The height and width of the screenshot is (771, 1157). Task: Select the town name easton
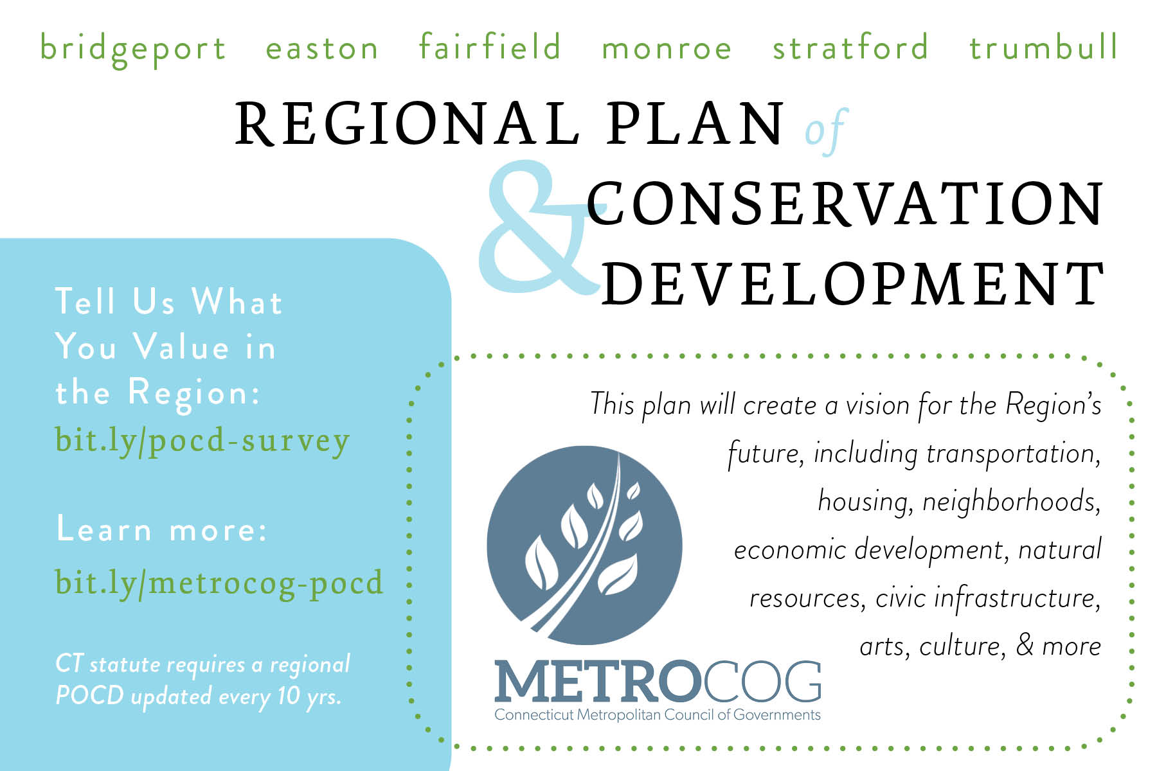[322, 49]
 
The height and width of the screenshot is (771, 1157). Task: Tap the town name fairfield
[490, 46]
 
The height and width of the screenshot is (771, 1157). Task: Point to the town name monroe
[667, 49]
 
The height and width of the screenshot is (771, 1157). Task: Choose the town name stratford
[850, 46]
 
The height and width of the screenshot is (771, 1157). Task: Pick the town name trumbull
[1044, 46]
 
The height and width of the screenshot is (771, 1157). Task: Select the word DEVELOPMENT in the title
[854, 284]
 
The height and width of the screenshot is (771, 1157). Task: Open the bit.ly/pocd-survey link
[202, 441]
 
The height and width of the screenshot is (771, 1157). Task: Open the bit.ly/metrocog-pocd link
[219, 583]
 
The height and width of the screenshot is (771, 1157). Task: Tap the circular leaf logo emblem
[584, 545]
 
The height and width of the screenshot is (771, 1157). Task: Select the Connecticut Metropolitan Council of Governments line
[658, 715]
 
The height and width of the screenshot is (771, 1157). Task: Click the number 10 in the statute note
[289, 695]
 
